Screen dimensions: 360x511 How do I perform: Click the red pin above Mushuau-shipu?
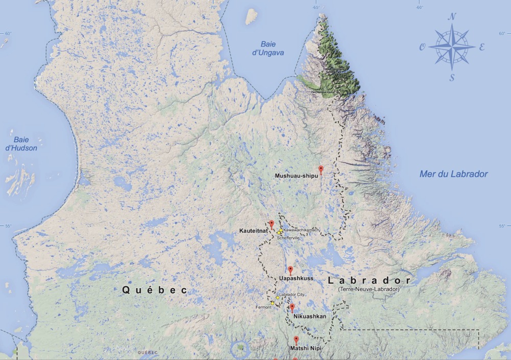point(321,169)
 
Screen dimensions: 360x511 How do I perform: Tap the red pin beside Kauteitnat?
point(272,224)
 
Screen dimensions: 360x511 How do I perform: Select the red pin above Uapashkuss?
point(290,269)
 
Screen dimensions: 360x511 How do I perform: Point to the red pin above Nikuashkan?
point(292,307)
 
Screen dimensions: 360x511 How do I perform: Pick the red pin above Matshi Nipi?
point(296,340)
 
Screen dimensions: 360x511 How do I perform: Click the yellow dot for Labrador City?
point(277,298)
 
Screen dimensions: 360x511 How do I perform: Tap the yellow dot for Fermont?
point(272,303)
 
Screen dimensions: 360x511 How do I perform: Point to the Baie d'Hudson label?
point(25,144)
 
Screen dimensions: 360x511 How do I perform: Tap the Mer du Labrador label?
point(453,174)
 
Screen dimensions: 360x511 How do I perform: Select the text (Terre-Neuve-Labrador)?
point(368,289)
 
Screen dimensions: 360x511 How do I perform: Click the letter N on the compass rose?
point(452,17)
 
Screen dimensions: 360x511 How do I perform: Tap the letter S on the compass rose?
point(452,78)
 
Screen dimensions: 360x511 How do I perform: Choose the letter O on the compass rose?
point(423,47)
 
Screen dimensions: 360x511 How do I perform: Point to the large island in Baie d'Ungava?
point(251,17)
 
